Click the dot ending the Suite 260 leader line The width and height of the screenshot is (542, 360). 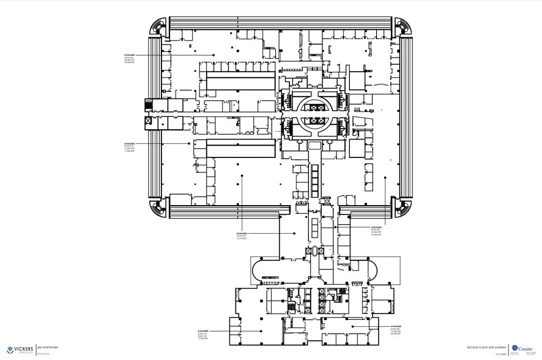[213, 55]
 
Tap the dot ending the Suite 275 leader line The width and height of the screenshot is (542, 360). [190, 143]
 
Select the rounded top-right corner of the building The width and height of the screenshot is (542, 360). [402, 26]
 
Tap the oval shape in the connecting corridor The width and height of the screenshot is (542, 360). [316, 251]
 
